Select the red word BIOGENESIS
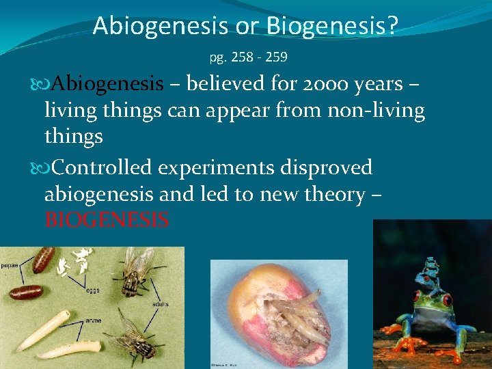(107, 221)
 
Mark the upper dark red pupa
(44, 260)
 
